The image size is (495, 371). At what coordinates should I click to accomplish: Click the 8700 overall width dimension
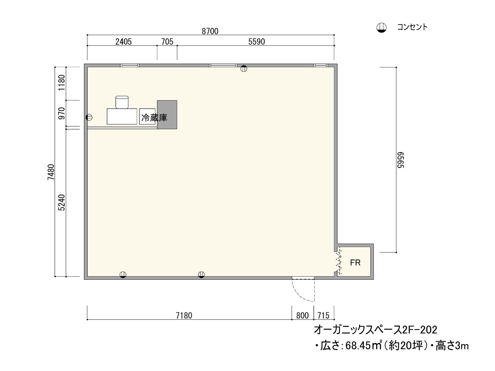[210, 31]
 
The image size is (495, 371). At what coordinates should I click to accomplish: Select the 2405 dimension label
[123, 42]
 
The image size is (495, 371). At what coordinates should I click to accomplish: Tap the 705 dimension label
[167, 42]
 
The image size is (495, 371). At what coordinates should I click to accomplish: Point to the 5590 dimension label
[256, 42]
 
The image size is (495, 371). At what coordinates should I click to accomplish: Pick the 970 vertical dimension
[61, 113]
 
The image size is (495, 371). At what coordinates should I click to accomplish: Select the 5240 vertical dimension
[61, 203]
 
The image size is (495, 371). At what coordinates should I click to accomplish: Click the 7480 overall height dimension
[51, 172]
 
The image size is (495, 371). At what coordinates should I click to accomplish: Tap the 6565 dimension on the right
[400, 160]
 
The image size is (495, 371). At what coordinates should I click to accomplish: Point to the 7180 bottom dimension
[184, 316]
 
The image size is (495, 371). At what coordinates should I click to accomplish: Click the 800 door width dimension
[302, 316]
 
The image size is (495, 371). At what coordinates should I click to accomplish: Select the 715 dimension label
[323, 316]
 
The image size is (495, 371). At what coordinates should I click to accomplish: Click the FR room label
[355, 262]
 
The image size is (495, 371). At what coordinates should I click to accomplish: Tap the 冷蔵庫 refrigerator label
[154, 118]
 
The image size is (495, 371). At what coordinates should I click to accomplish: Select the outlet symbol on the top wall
[244, 69]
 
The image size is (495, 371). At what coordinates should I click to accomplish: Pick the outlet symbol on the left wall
[89, 117]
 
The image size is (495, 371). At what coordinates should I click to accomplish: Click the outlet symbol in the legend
[381, 27]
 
